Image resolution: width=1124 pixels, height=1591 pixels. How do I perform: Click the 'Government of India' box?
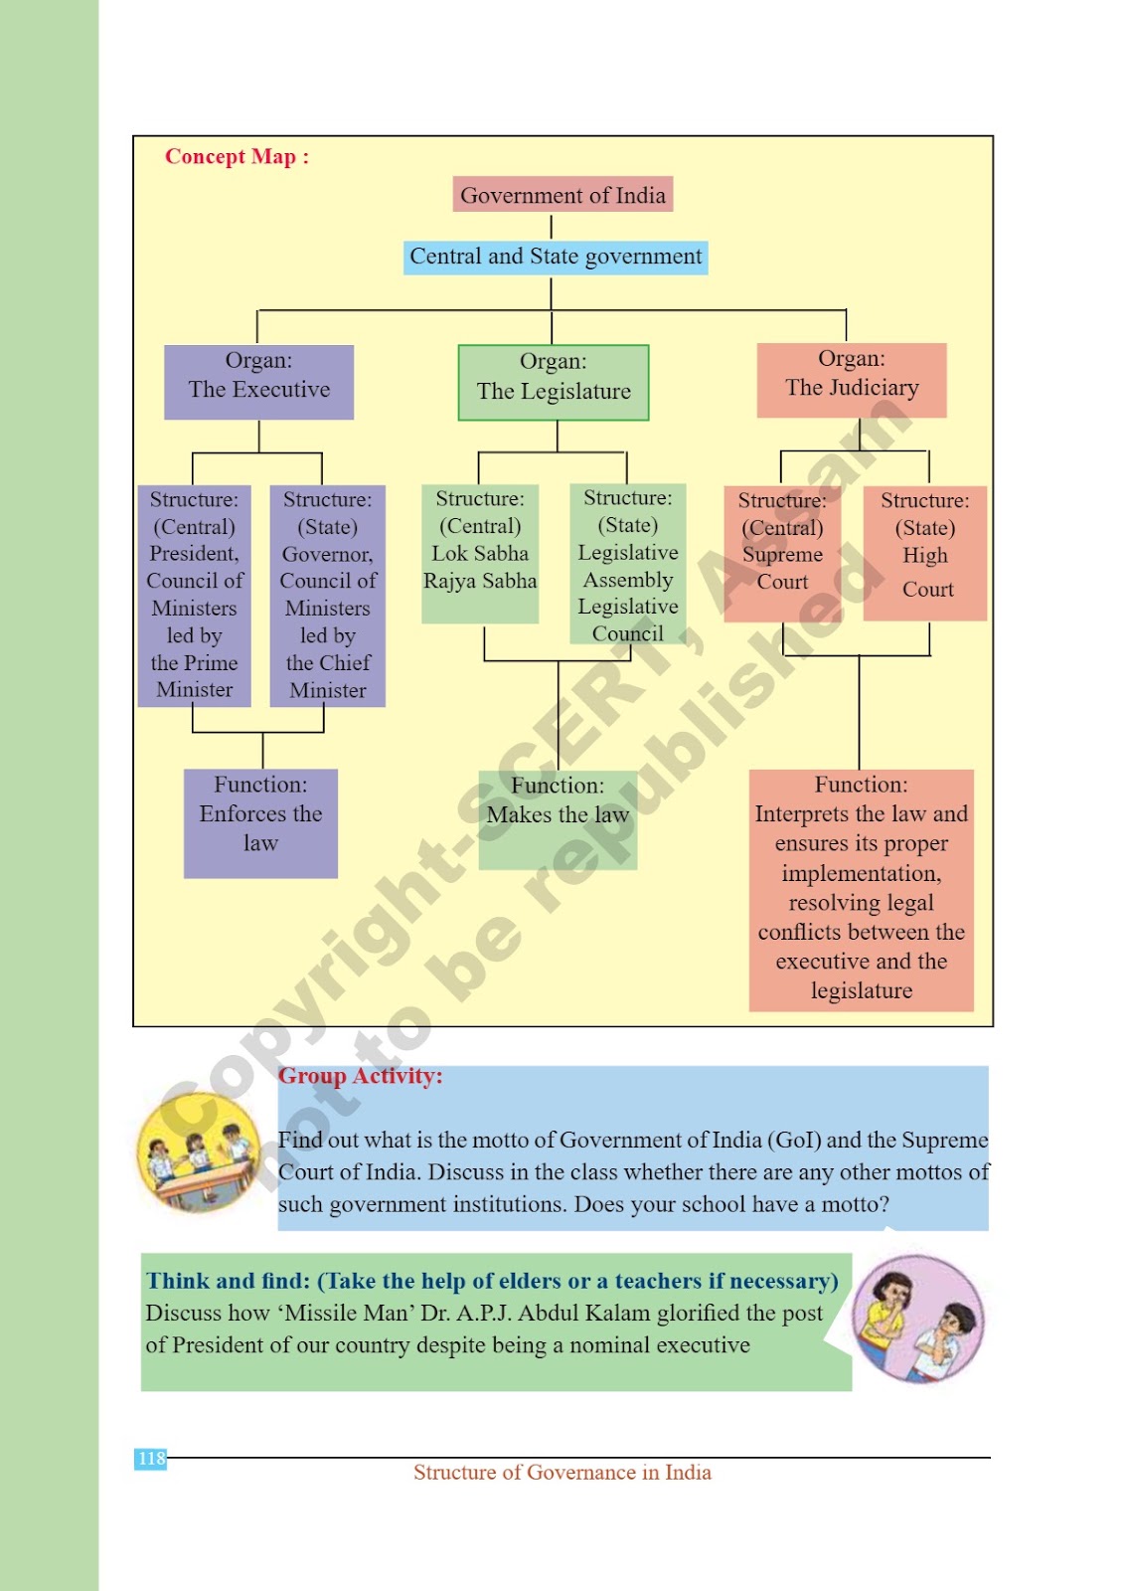(562, 194)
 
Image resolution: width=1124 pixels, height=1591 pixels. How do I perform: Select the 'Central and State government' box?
(556, 257)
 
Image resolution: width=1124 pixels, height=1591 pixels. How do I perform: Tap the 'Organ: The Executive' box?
(258, 382)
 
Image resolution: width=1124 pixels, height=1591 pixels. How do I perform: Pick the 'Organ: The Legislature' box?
(554, 383)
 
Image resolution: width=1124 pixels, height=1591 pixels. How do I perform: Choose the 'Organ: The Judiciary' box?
(852, 380)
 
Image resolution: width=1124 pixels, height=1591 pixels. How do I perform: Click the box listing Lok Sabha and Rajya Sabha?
(480, 554)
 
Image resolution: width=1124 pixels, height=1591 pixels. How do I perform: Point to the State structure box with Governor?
(327, 596)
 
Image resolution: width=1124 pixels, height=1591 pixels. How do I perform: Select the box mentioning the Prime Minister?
(194, 596)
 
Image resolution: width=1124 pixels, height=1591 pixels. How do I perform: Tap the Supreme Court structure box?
(782, 554)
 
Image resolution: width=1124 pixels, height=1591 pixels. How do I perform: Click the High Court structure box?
(924, 553)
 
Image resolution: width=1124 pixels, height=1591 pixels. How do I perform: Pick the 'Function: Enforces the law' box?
(260, 824)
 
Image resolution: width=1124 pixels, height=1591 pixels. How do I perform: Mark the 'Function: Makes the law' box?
(558, 820)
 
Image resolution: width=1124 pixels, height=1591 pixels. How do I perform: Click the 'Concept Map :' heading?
(238, 156)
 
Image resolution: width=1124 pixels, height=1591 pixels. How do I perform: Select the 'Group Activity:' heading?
(360, 1076)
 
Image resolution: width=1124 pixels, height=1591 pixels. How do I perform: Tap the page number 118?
(150, 1459)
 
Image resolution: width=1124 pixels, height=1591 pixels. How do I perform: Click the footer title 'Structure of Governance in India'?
(562, 1473)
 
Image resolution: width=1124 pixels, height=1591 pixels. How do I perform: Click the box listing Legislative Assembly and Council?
(628, 564)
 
